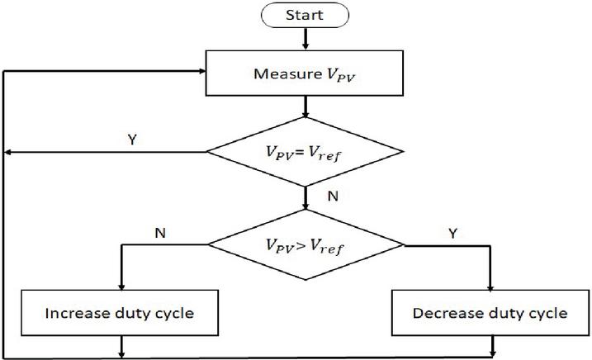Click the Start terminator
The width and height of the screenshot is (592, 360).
[x=305, y=14]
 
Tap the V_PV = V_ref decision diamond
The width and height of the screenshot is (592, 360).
[x=305, y=152]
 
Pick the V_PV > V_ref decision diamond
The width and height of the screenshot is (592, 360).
[x=305, y=244]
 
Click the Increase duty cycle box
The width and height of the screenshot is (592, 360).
[x=122, y=314]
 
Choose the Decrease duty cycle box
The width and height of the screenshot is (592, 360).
[x=493, y=314]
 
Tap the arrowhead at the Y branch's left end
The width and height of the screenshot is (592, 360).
[x=10, y=152]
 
